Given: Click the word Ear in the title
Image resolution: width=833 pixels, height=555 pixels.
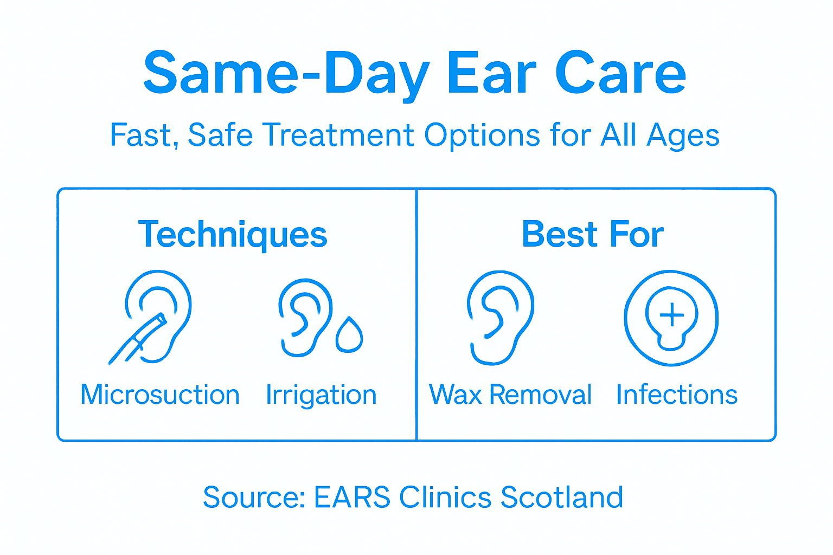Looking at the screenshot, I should tap(491, 73).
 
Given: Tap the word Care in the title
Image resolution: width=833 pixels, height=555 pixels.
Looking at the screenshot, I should tap(620, 73).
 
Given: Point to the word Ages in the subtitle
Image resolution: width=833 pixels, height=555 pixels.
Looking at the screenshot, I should tap(683, 135).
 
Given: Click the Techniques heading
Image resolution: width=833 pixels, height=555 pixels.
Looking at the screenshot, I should tap(233, 235).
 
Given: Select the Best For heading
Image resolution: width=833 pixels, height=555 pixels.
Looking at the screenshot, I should tap(593, 234).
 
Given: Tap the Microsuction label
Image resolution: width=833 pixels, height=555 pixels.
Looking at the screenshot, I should tap(160, 395).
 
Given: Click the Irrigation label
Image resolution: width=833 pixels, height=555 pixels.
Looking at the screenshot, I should tap(321, 395).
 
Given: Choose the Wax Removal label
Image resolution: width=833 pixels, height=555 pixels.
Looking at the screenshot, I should tap(510, 395).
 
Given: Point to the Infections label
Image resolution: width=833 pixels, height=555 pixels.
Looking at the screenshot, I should tap(677, 395).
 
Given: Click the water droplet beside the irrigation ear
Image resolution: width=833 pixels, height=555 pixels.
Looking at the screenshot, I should tap(349, 335).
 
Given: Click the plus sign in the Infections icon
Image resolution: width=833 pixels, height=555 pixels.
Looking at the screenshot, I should tap(671, 315).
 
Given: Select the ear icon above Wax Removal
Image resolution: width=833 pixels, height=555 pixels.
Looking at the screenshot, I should tap(499, 317).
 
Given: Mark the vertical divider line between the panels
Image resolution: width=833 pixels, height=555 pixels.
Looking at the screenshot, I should tap(416, 314).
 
